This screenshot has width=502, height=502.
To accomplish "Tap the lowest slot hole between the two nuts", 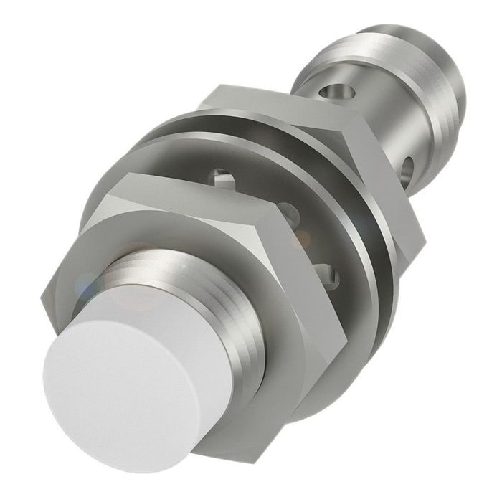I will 327,273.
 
